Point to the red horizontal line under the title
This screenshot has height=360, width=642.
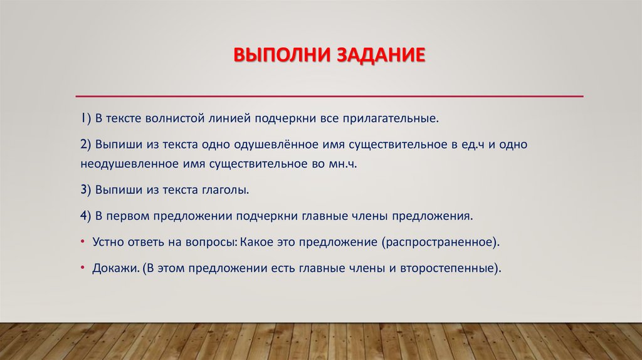pos(329,96)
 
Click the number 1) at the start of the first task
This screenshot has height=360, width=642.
pos(85,118)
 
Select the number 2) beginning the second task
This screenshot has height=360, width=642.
pos(86,144)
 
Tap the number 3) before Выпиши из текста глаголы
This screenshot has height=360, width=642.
pos(86,189)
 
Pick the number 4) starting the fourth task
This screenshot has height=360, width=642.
pos(86,215)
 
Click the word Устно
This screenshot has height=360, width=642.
pos(108,241)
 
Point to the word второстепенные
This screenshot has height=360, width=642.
pos(458,268)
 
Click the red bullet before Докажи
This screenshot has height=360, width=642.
pos(83,267)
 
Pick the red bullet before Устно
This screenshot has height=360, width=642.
pos(83,241)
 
